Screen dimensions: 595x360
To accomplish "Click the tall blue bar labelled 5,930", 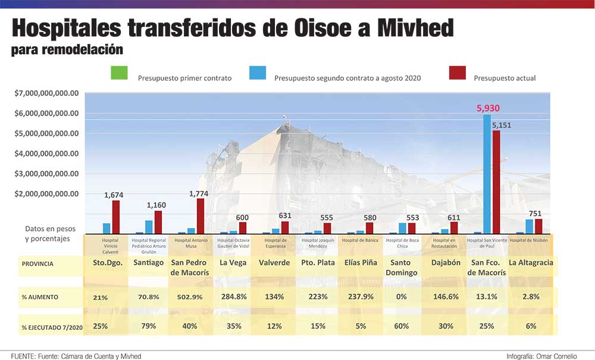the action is point(487,174).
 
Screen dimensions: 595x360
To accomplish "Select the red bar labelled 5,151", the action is point(496,182).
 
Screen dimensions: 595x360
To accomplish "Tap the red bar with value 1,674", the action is point(116,217).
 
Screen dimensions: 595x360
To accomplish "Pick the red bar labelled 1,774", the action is point(201,216).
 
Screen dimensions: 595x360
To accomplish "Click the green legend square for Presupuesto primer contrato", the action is point(119,73).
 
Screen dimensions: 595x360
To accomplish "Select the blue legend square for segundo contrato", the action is point(258,73).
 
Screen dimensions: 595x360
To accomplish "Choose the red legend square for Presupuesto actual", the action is point(457,73).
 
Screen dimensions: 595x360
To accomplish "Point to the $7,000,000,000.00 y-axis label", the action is point(46,93).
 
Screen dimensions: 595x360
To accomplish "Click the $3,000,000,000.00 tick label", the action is point(46,174).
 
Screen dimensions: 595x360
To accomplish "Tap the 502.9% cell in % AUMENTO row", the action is point(190,297).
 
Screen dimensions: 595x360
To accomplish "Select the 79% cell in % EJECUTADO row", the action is point(148,326).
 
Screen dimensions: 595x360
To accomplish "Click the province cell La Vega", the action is point(233,262).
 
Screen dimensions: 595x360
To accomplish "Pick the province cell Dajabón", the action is point(446,262).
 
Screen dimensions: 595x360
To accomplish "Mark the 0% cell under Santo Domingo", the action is point(402,297).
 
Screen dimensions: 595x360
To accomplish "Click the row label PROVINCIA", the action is point(37,264).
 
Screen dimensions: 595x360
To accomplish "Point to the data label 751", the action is point(535,214).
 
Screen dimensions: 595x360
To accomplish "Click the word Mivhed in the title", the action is point(415,28).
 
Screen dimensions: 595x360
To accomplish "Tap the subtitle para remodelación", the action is point(67,50).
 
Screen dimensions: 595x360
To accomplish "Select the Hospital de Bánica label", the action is point(360,240).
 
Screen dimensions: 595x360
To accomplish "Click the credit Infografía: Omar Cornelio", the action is point(541,356).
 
